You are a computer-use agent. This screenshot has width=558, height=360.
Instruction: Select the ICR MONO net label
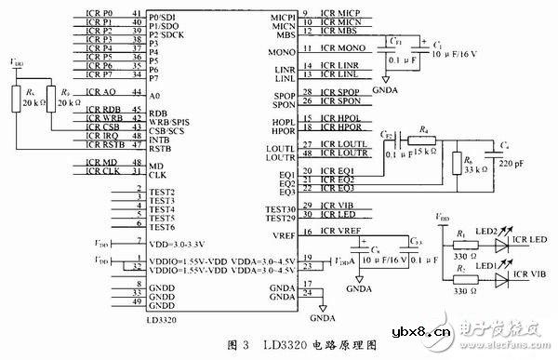(x=340, y=47)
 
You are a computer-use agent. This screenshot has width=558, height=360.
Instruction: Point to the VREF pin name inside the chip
(x=285, y=238)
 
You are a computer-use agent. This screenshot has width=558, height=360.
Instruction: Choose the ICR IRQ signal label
(x=103, y=136)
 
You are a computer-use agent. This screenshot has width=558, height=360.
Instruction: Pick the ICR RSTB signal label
(x=105, y=145)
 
